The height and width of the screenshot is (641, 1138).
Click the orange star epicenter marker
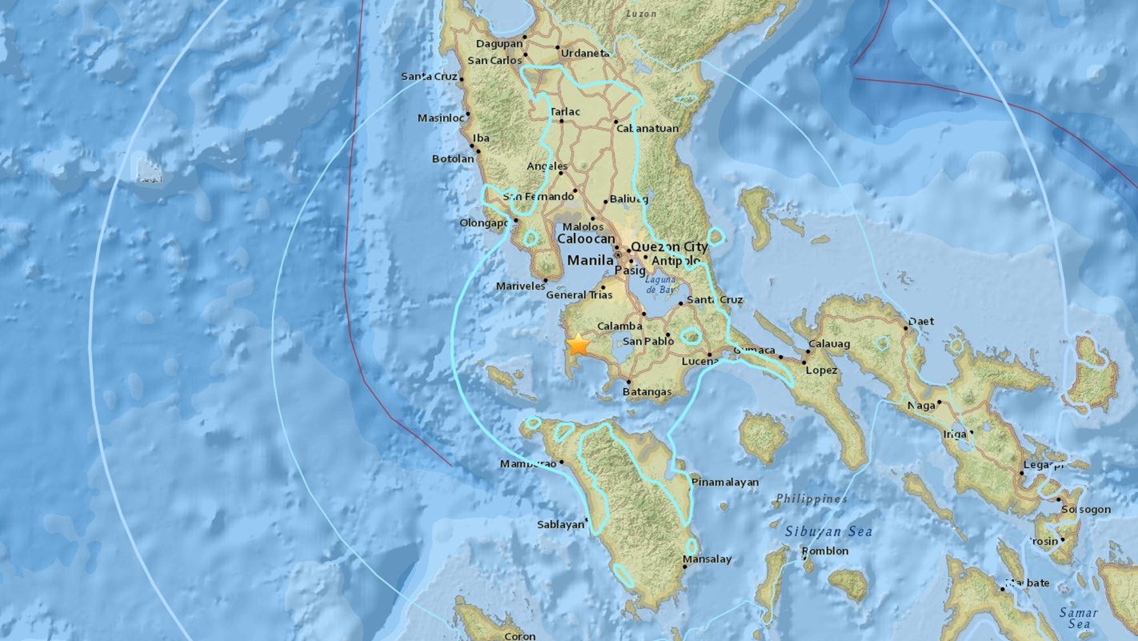pyautogui.click(x=577, y=346)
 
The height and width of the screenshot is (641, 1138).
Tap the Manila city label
pyautogui.click(x=590, y=260)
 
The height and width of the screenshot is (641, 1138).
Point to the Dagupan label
pyautogui.click(x=498, y=44)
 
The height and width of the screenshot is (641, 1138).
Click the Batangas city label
pyautogui.click(x=645, y=391)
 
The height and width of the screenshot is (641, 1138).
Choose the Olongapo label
pyautogui.click(x=484, y=223)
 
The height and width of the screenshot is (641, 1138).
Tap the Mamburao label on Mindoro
pyautogui.click(x=527, y=463)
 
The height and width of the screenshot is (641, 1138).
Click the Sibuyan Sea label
pyautogui.click(x=828, y=531)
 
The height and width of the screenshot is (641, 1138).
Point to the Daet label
pyautogui.click(x=921, y=322)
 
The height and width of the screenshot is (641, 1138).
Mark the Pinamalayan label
pyautogui.click(x=725, y=482)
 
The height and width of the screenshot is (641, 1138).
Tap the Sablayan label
pyautogui.click(x=561, y=525)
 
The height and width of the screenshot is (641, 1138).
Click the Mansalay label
pyautogui.click(x=707, y=559)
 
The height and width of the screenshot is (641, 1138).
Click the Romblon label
pyautogui.click(x=825, y=551)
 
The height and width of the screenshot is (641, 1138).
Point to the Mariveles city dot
pyautogui.click(x=545, y=281)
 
